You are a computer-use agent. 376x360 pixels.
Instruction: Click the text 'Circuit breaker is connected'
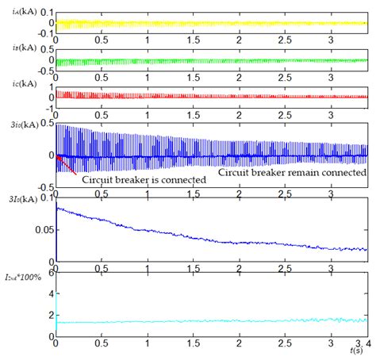144,179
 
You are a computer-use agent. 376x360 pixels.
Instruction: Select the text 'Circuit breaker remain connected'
292,170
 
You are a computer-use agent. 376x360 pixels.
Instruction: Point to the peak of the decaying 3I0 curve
57,207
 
